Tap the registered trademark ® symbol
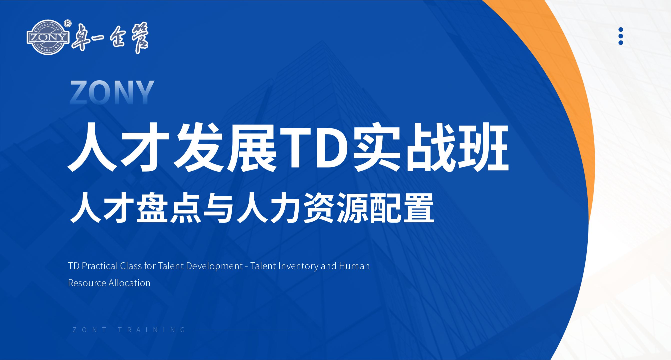click(x=68, y=23)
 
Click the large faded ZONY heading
click(x=112, y=92)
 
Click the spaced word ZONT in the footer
click(x=89, y=330)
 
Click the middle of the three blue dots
click(x=621, y=36)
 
